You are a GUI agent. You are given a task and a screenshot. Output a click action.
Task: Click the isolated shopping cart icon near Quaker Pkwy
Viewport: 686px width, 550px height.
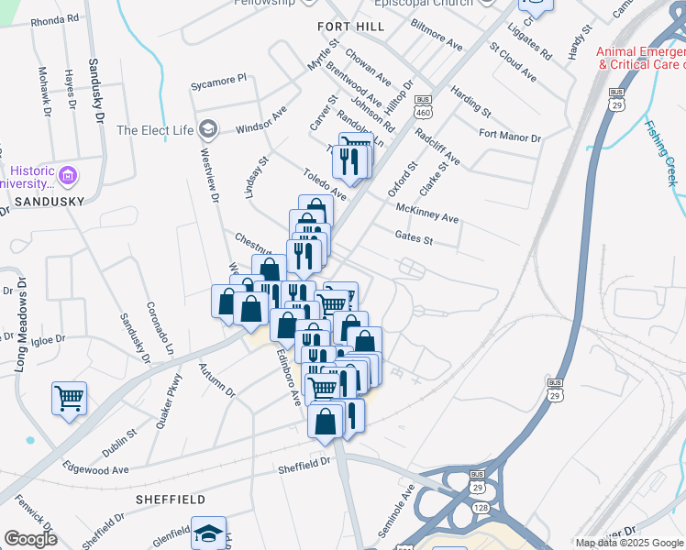coord(69,400)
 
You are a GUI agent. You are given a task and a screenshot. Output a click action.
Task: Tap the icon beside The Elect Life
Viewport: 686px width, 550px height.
coord(208,129)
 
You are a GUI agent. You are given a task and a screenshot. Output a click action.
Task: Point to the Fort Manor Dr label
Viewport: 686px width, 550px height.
coord(510,137)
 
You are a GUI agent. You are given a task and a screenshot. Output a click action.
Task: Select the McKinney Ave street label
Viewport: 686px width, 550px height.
coord(426,213)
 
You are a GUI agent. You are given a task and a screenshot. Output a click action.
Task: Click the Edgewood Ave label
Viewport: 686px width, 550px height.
coord(95,470)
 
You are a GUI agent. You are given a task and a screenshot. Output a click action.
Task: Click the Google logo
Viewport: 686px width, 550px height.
coord(30,538)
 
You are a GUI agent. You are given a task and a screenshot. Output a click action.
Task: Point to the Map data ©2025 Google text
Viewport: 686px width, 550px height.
coord(629,543)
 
